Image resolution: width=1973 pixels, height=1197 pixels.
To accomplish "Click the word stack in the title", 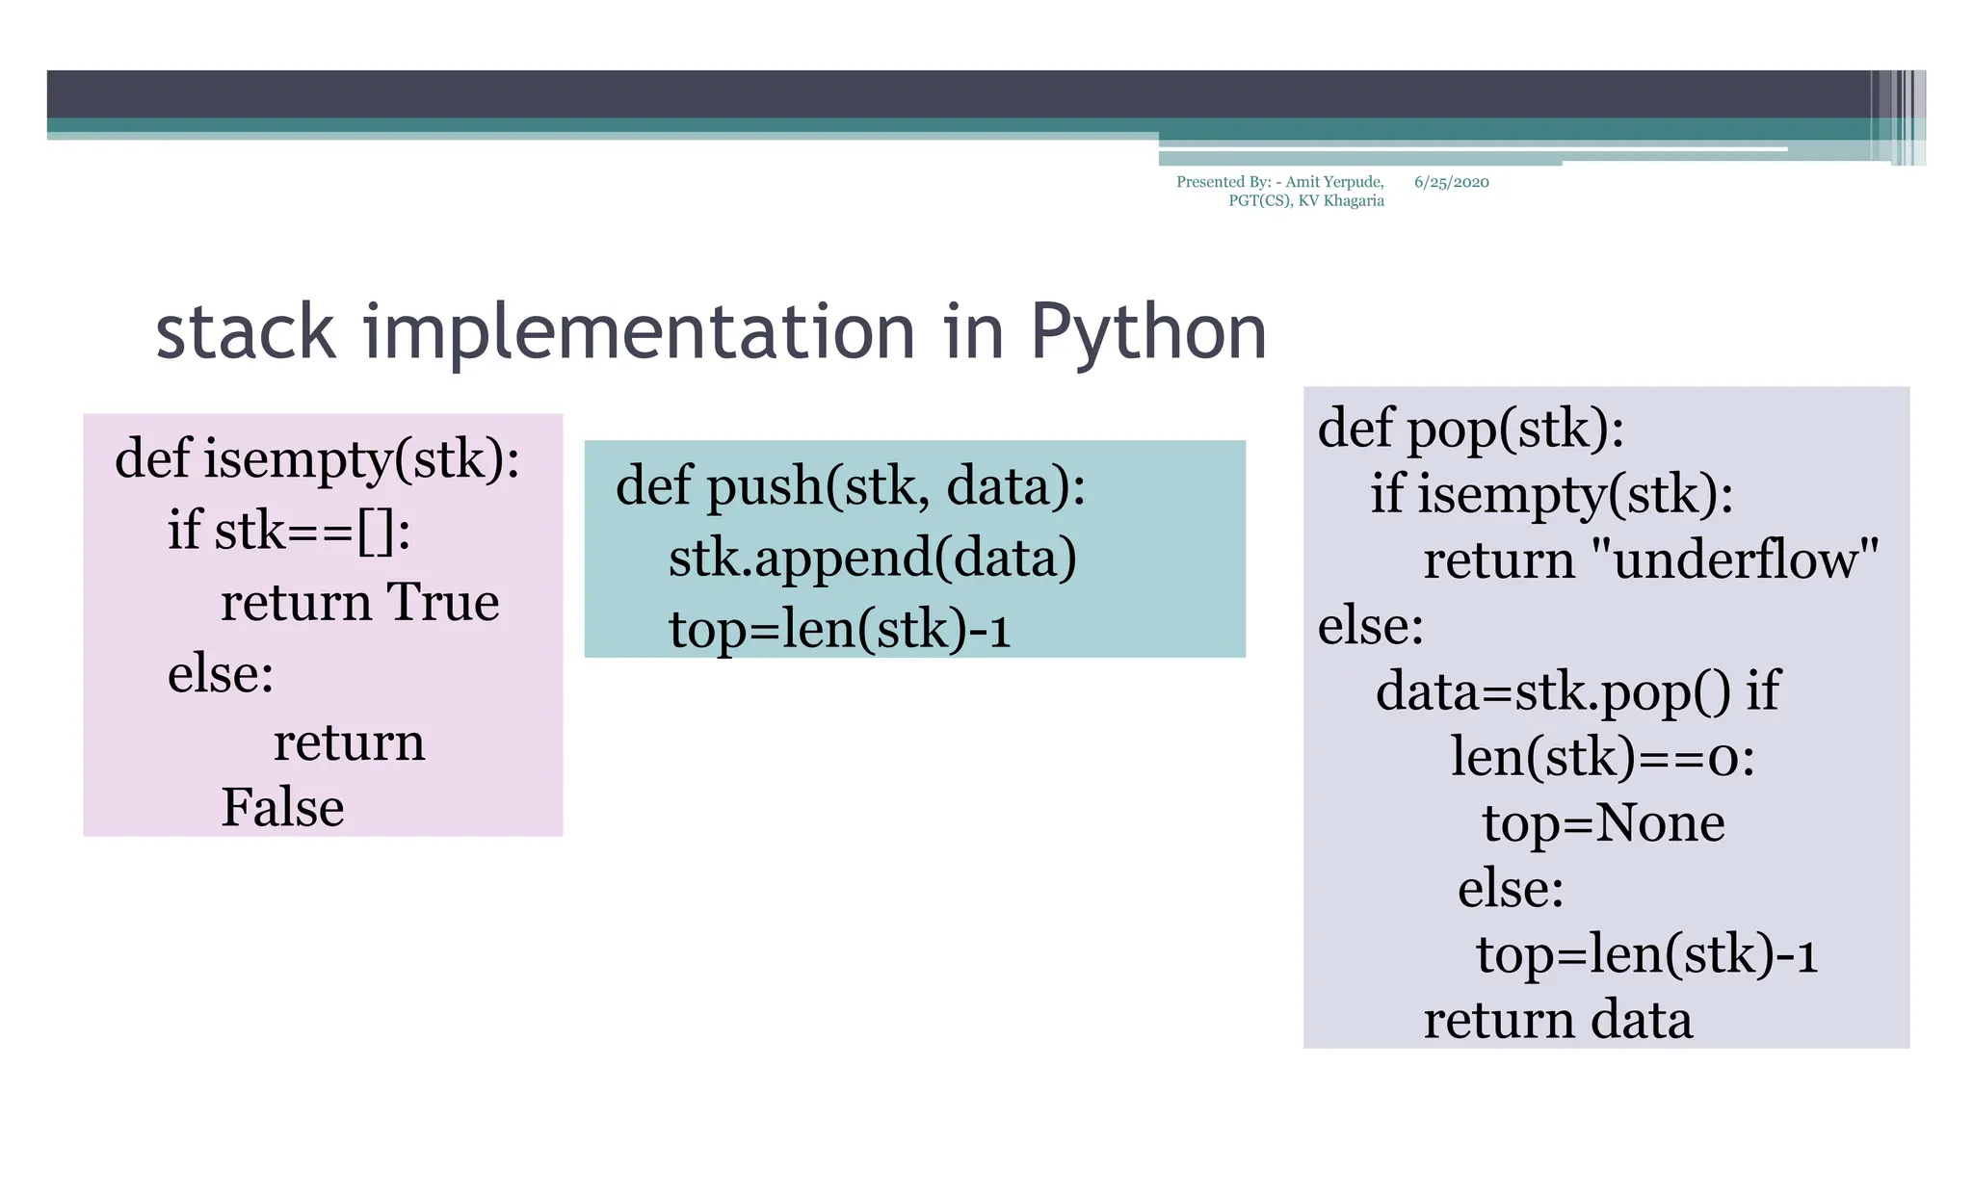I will (x=245, y=332).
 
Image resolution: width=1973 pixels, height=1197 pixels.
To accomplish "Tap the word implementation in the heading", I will (x=638, y=332).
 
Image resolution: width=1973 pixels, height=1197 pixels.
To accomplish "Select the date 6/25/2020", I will (x=1451, y=182).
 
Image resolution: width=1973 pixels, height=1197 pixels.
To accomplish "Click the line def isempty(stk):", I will (x=317, y=458).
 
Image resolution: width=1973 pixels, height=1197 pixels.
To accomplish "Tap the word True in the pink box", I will (x=442, y=602).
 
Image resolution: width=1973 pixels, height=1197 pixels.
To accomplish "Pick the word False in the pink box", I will (x=282, y=807).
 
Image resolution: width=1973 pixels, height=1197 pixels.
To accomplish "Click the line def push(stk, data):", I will (x=850, y=485).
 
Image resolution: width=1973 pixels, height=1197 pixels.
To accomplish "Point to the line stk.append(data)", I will (x=872, y=558).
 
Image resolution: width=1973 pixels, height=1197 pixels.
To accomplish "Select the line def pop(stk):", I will (x=1470, y=428).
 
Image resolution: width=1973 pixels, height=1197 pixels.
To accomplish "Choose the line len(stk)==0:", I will (x=1603, y=757).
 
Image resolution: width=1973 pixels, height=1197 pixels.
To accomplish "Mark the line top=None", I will (x=1603, y=822).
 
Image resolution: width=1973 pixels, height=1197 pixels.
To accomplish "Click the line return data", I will (x=1558, y=1020).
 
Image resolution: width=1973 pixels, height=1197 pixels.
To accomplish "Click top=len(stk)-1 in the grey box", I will (x=1646, y=954).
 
